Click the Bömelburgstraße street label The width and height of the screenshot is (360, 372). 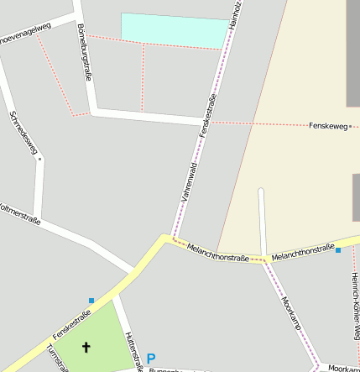(x=84, y=52)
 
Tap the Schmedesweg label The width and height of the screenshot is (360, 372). (x=24, y=134)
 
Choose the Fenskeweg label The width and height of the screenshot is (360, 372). (x=328, y=126)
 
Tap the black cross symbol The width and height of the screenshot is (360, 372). (x=86, y=346)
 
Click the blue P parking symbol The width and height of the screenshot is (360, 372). (x=151, y=359)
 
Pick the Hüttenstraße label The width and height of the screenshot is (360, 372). (x=130, y=351)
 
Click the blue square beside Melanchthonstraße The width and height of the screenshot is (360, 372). (x=338, y=250)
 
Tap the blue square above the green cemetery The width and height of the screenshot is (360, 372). (x=91, y=300)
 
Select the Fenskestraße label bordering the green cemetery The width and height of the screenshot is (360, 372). (x=71, y=320)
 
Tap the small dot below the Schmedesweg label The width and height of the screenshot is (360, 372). (x=39, y=158)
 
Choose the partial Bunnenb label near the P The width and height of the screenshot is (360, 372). (x=165, y=369)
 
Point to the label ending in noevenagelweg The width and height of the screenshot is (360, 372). (x=25, y=33)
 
